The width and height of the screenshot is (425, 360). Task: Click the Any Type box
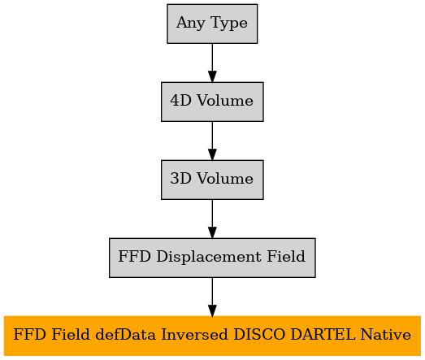tap(212, 24)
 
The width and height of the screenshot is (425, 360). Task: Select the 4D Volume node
tap(212, 102)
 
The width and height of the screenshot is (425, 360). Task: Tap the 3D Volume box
tap(212, 180)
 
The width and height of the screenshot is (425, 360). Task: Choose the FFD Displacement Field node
tap(212, 258)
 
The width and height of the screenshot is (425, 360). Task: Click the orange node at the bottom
tap(212, 336)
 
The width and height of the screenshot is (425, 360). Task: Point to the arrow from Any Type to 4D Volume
tap(212, 63)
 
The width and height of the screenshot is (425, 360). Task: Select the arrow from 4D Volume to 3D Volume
tap(212, 141)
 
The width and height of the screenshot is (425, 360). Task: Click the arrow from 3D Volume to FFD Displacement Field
tap(212, 219)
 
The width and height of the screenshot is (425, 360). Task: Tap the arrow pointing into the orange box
tap(212, 297)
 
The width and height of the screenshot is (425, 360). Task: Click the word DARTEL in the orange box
tap(323, 335)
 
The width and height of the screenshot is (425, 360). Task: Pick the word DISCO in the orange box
tap(259, 335)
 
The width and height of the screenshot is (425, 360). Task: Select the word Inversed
tap(194, 335)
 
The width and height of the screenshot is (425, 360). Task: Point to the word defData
tap(125, 335)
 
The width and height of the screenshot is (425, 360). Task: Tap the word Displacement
tap(209, 257)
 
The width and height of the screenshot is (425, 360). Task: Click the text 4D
tap(180, 101)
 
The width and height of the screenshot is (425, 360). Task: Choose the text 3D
tap(180, 179)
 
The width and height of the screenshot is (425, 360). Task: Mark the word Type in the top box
tap(229, 23)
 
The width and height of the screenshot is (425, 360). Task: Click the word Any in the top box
tap(191, 23)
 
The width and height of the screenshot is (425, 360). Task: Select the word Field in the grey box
tap(286, 256)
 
